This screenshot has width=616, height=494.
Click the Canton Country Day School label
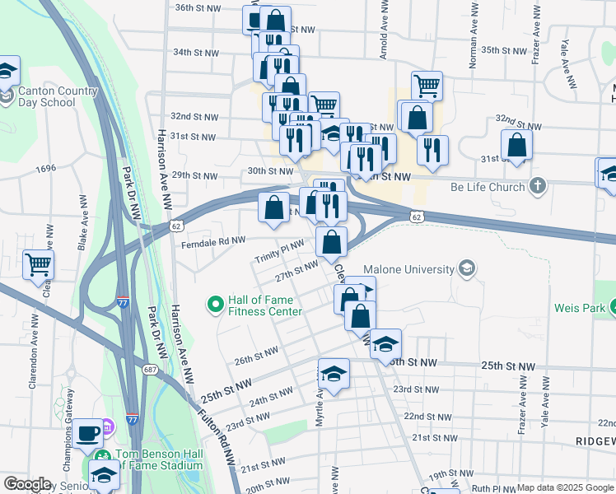(46, 97)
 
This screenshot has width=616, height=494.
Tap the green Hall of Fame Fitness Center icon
(216, 305)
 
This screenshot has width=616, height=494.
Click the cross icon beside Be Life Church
(538, 186)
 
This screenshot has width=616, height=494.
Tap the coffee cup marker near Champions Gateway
(88, 432)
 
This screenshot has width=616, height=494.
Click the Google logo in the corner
(27, 485)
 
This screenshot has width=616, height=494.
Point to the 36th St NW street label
(198, 7)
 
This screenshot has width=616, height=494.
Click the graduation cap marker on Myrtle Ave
(334, 374)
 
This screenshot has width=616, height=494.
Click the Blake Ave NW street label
(82, 222)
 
